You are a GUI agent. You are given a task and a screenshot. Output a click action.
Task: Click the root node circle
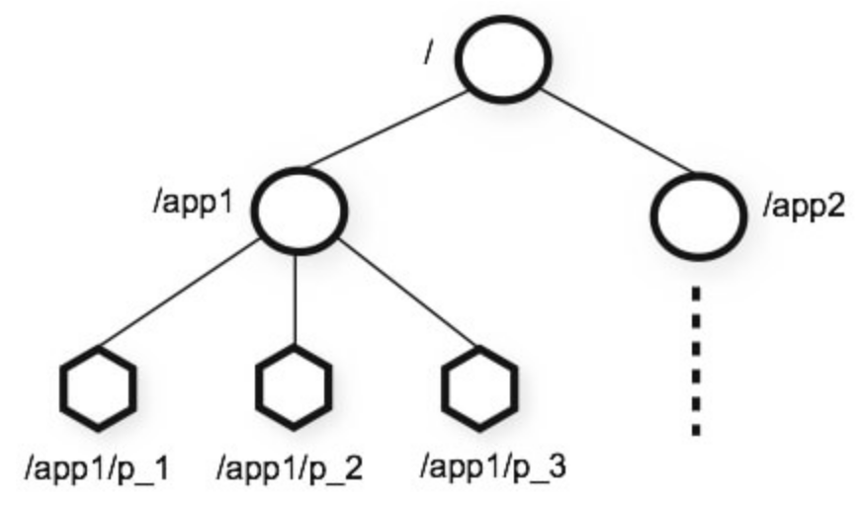(503, 61)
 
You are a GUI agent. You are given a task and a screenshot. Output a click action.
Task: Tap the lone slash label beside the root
(428, 52)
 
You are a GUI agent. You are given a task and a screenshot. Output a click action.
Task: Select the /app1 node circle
(298, 209)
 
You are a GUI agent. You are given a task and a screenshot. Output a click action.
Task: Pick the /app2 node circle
(699, 212)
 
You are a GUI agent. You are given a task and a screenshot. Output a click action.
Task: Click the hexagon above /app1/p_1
(97, 386)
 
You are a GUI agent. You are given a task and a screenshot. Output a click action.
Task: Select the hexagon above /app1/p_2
(293, 384)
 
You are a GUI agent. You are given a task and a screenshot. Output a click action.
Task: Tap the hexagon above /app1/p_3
(478, 385)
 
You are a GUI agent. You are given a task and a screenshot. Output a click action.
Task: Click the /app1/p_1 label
(97, 464)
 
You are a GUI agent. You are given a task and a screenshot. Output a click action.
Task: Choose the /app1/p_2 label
(290, 464)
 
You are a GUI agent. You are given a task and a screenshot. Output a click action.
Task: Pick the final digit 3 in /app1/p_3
(558, 463)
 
